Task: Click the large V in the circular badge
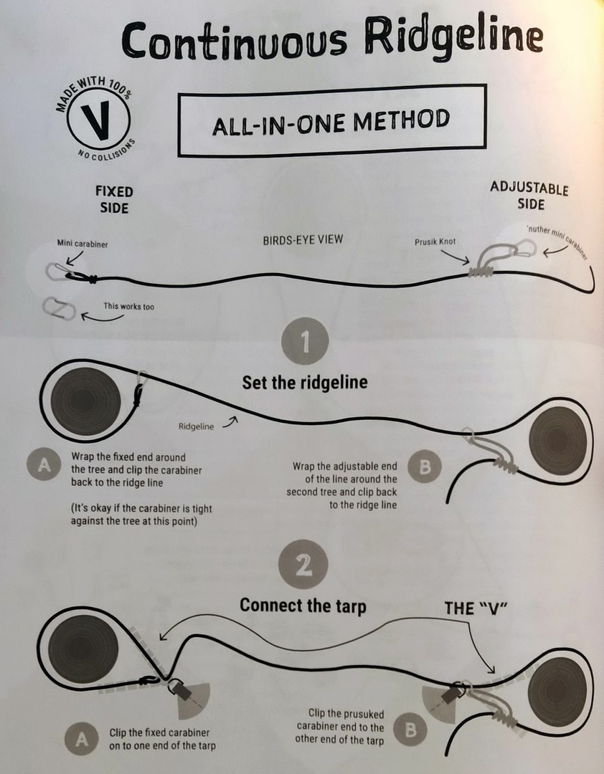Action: [98, 121]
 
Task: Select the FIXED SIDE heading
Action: [114, 199]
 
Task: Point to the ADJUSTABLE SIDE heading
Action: [529, 196]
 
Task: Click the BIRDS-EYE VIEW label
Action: [303, 240]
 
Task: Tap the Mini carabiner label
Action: [82, 244]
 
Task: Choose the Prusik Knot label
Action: [435, 242]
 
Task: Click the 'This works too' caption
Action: [128, 307]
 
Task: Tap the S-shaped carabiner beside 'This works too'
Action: [59, 308]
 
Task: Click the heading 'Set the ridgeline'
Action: [304, 383]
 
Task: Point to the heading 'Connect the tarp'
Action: [303, 606]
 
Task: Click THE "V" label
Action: [476, 608]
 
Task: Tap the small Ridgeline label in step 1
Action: [197, 426]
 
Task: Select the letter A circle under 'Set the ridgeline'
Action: [44, 464]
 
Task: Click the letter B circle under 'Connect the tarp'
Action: [411, 730]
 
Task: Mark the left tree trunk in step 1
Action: [85, 400]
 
